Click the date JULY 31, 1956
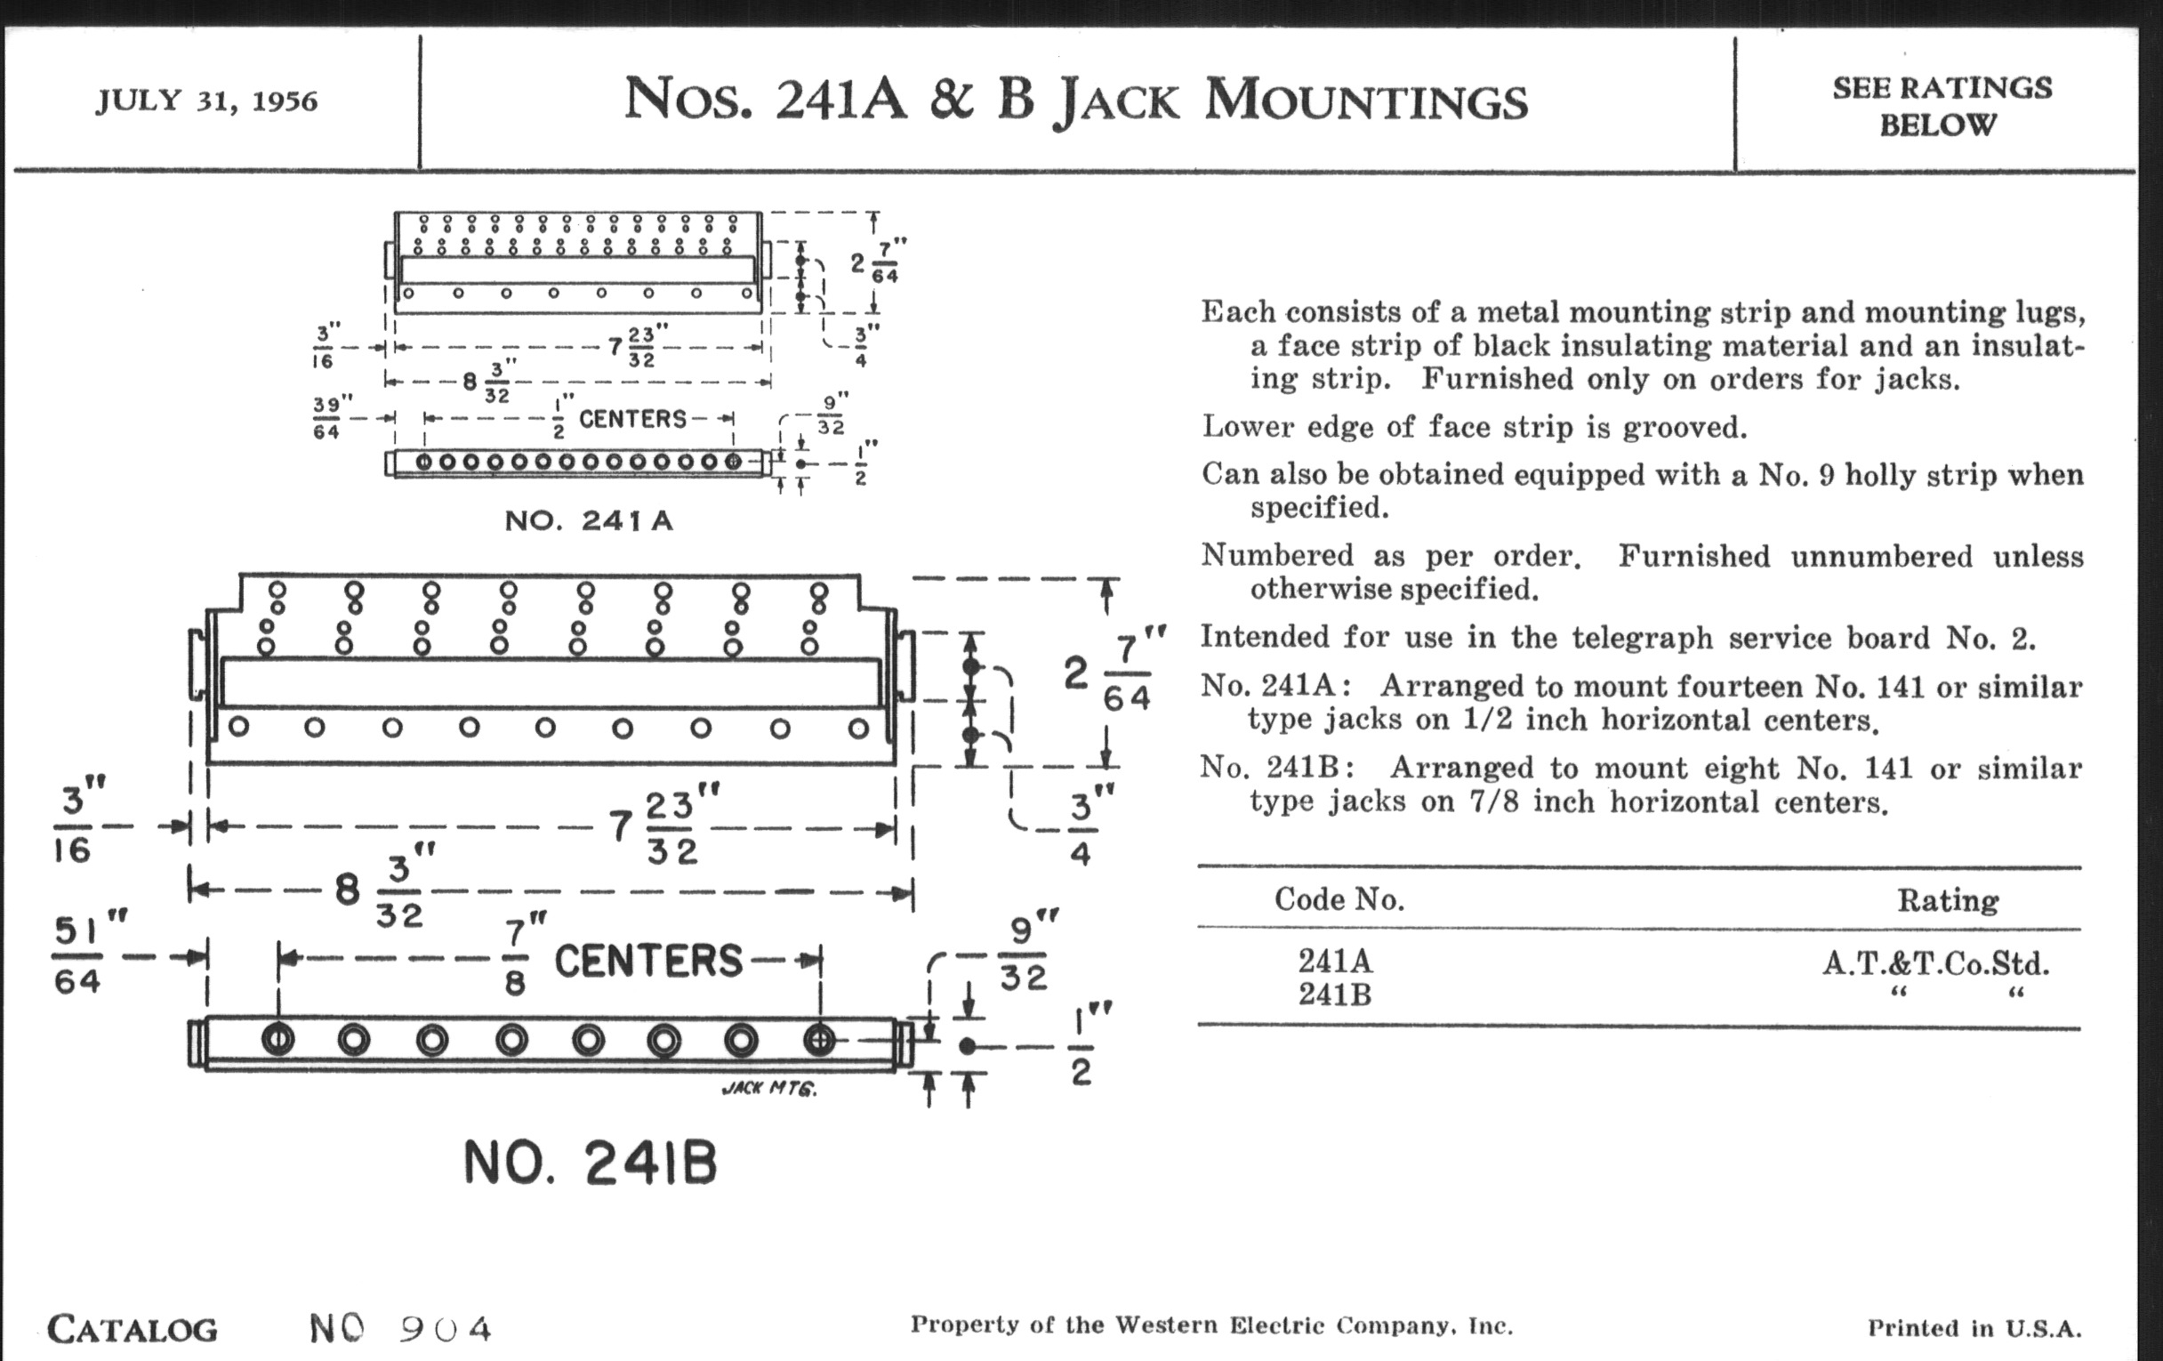pyautogui.click(x=206, y=101)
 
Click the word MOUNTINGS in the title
pyautogui.click(x=1365, y=101)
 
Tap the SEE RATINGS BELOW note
pyautogui.click(x=1942, y=106)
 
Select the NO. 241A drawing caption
pyautogui.click(x=589, y=521)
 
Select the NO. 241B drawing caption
pyautogui.click(x=591, y=1164)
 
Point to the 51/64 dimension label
pyautogui.click(x=79, y=956)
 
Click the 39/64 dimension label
pyautogui.click(x=327, y=418)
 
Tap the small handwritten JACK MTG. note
pyautogui.click(x=769, y=1089)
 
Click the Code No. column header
pyautogui.click(x=1339, y=899)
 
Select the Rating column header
pyautogui.click(x=1948, y=900)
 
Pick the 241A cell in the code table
pyautogui.click(x=1335, y=962)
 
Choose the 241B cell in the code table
pyautogui.click(x=1335, y=995)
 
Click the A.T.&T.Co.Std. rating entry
pyautogui.click(x=1935, y=964)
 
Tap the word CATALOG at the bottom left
pyautogui.click(x=132, y=1330)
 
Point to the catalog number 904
pyautogui.click(x=446, y=1329)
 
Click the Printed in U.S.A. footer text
pyautogui.click(x=1974, y=1329)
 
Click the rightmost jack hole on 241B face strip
pyautogui.click(x=818, y=1040)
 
